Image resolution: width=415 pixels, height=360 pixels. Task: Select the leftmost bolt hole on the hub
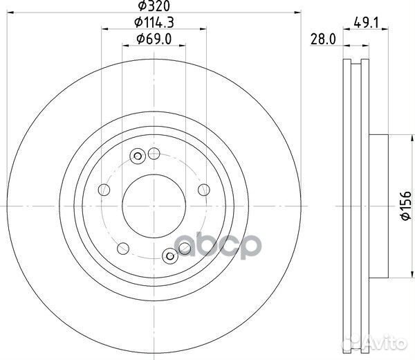click(104, 190)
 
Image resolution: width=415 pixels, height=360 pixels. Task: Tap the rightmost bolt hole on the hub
click(203, 190)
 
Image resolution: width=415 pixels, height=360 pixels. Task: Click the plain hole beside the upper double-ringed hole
click(154, 154)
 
